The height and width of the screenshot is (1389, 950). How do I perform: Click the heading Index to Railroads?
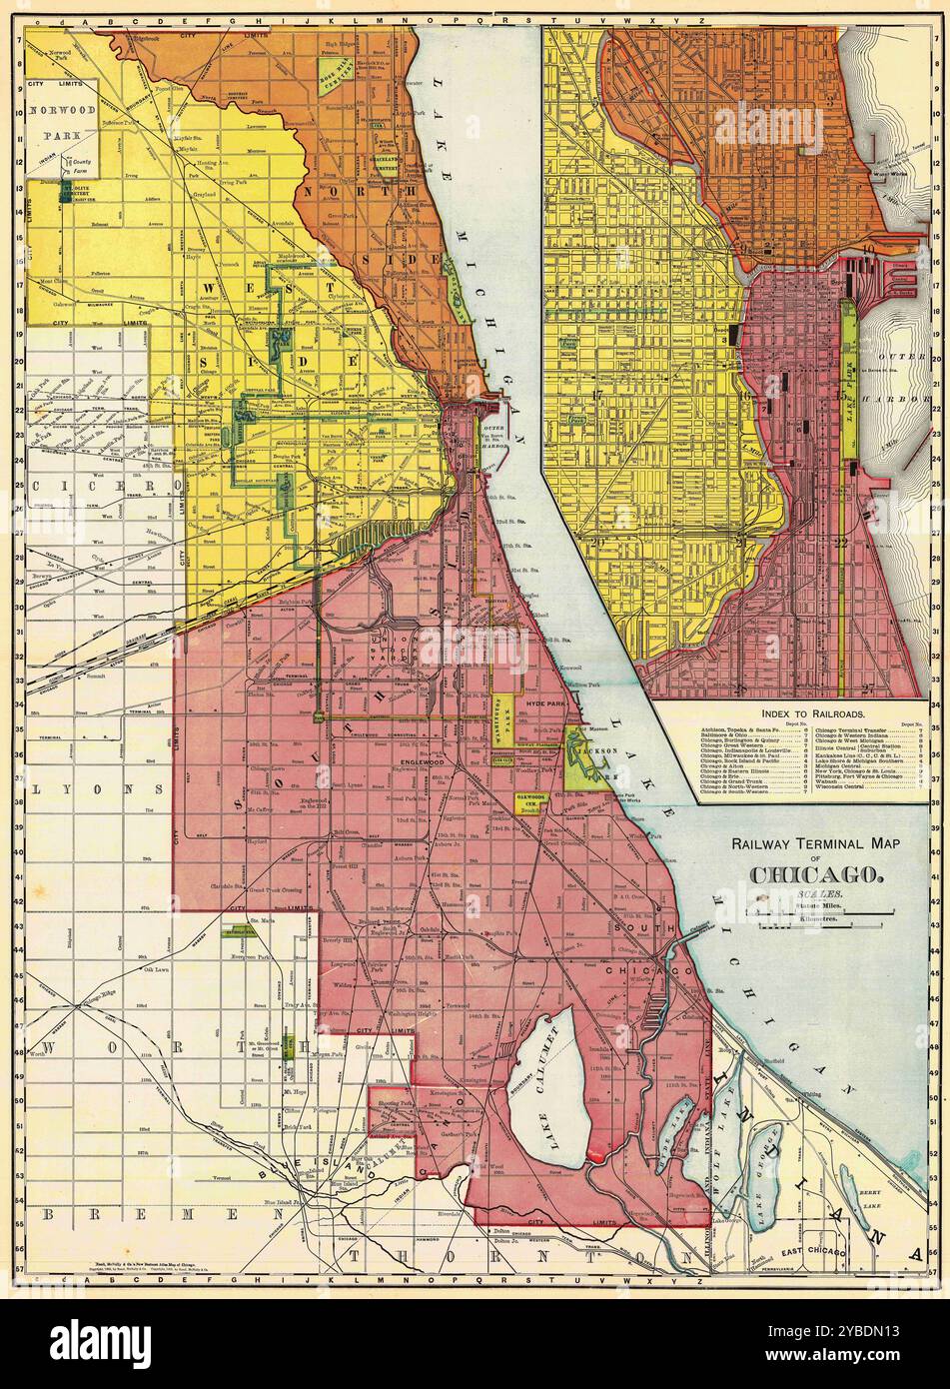[812, 714]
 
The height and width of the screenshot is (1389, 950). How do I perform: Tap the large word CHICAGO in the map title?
[815, 875]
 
